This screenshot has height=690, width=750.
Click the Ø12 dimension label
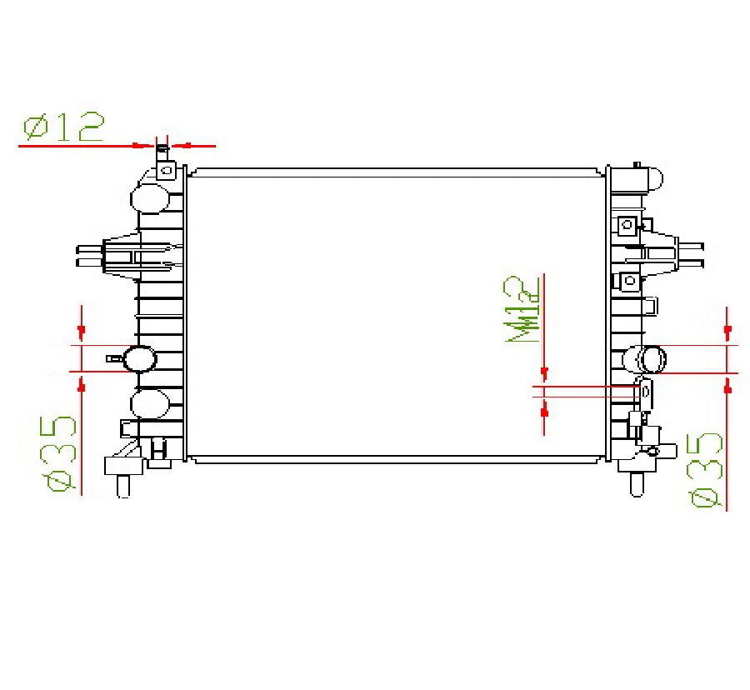[64, 127]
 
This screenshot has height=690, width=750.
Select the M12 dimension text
[524, 310]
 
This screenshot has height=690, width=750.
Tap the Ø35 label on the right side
[705, 469]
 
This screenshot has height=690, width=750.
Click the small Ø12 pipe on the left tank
[162, 152]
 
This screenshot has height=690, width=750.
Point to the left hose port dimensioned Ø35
[139, 359]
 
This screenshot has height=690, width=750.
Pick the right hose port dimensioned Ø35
[647, 360]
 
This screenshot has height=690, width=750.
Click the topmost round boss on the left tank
[150, 197]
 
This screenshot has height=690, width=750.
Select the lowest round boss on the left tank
[149, 403]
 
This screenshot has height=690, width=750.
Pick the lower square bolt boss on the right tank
[629, 281]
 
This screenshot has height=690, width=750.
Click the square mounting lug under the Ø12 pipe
[167, 172]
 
